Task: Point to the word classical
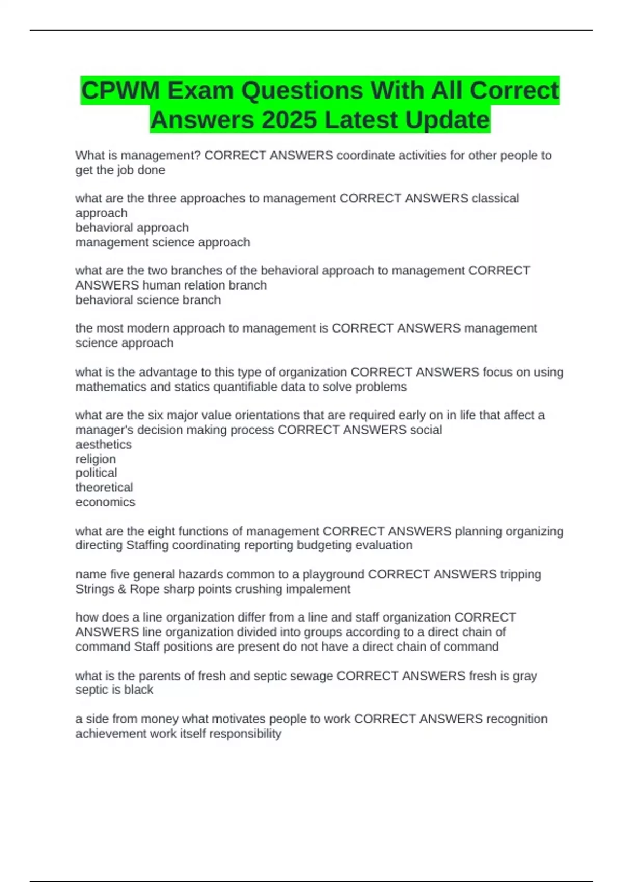click(495, 198)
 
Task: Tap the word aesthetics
click(103, 445)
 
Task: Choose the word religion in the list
click(96, 459)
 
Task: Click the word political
click(96, 473)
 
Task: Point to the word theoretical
click(104, 487)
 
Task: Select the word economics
click(105, 502)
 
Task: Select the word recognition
click(517, 719)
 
